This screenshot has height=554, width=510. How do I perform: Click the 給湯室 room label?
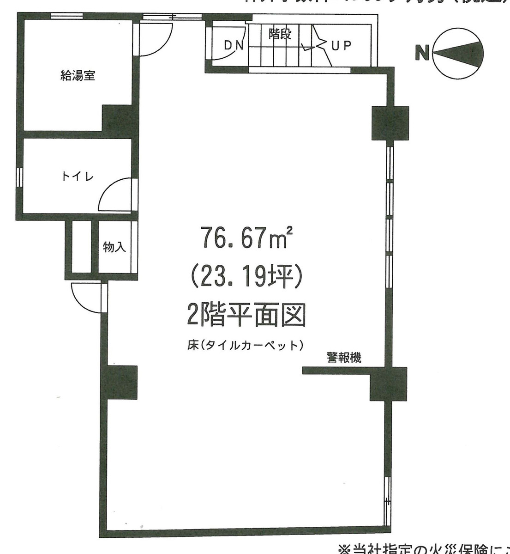(x=78, y=75)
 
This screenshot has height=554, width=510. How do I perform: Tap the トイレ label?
(x=78, y=177)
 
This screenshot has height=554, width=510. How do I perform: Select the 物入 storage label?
(x=114, y=247)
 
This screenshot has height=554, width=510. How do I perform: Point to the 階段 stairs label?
(x=280, y=34)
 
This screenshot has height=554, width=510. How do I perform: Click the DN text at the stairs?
(x=234, y=45)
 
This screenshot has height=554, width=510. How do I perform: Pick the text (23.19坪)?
(x=245, y=277)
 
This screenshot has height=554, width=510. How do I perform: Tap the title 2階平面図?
(x=245, y=316)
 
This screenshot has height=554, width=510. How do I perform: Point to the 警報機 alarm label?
(x=344, y=357)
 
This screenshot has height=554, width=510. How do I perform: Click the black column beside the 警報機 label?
(x=389, y=384)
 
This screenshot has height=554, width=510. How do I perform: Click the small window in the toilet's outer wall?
(x=19, y=177)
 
